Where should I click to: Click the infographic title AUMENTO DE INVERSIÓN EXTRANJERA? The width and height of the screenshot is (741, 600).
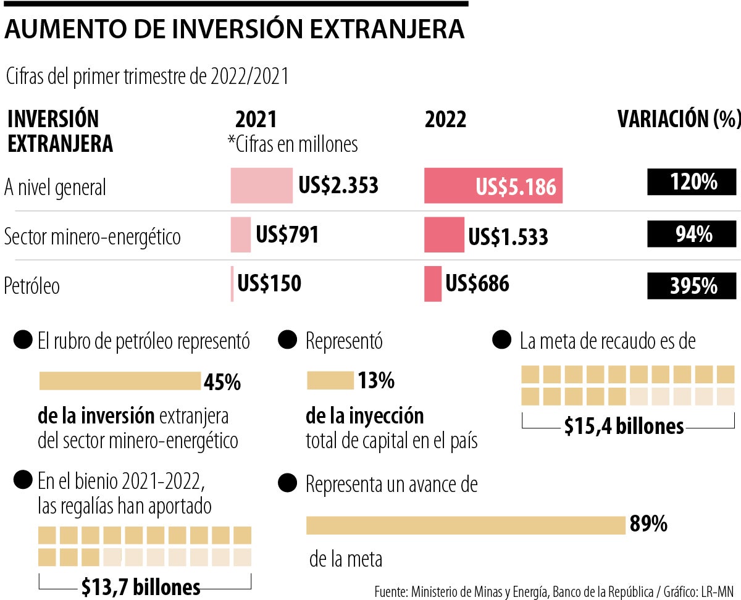[x=234, y=29]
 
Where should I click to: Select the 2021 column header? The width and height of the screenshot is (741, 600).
[x=256, y=120]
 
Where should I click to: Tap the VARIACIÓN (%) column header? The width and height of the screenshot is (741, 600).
[x=679, y=120]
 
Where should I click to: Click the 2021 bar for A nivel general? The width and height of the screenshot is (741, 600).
[x=262, y=186]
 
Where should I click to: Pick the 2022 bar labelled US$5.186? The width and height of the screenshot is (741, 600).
[x=493, y=186]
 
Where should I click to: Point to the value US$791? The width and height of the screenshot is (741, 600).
[x=287, y=235]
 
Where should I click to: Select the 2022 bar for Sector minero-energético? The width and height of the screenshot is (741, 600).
[x=444, y=235]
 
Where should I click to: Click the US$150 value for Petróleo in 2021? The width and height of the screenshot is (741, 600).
[x=269, y=284]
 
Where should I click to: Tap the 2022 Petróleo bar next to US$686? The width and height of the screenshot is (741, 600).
[x=433, y=284]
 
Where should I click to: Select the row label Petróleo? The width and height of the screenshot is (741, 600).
[x=32, y=286]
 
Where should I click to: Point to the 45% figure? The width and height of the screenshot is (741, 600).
[x=222, y=383]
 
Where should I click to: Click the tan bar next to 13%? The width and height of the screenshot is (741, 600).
[x=330, y=381]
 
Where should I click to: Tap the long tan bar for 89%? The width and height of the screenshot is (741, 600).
[x=466, y=525]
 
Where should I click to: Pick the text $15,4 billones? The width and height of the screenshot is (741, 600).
[x=624, y=426]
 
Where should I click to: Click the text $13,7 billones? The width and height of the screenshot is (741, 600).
[x=141, y=586]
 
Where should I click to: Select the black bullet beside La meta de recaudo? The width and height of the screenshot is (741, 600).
[x=501, y=341]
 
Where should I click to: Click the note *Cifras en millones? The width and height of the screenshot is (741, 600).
[x=293, y=144]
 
